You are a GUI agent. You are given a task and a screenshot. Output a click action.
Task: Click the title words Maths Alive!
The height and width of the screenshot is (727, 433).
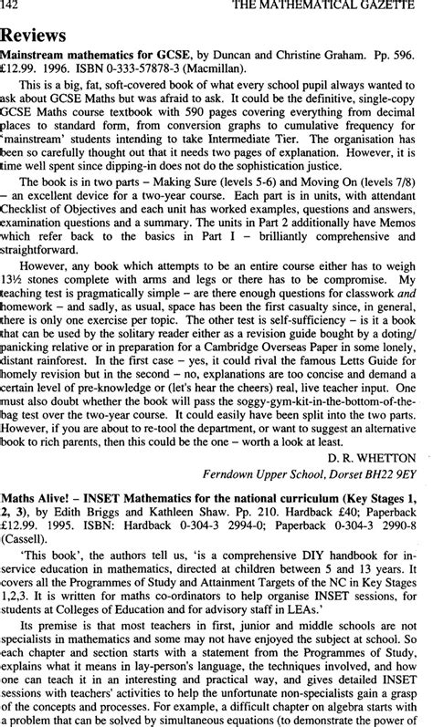[32, 499]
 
